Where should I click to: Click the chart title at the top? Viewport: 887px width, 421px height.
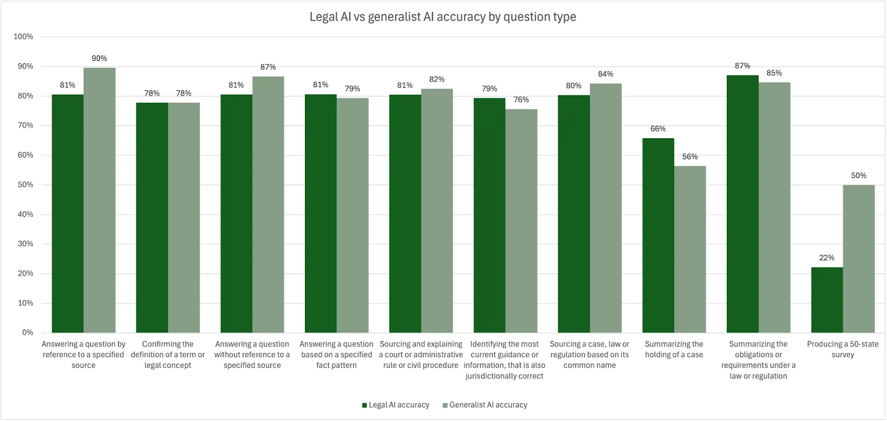click(x=442, y=17)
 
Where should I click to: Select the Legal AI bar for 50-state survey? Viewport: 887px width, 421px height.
click(x=827, y=300)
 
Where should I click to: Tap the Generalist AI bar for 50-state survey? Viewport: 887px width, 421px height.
click(x=859, y=258)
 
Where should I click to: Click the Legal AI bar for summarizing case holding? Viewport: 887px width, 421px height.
click(x=658, y=236)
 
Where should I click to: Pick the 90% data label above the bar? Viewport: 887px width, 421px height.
click(x=99, y=58)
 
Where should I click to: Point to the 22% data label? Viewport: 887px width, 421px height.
click(x=827, y=257)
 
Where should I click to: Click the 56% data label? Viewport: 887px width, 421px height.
click(x=690, y=156)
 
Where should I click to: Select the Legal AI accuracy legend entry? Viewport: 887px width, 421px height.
click(x=396, y=405)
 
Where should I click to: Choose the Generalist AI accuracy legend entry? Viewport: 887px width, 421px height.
click(x=485, y=405)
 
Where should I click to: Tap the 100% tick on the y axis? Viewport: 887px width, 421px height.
click(x=23, y=37)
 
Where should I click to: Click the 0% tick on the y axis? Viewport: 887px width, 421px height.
click(x=28, y=332)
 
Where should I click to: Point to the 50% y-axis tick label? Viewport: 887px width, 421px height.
click(x=26, y=185)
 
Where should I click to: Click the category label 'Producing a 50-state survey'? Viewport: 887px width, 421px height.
click(x=843, y=349)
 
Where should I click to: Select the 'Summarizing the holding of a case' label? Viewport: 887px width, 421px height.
click(x=674, y=349)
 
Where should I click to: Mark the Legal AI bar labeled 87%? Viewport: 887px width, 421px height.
click(x=742, y=204)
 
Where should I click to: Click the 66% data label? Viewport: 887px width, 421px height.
click(x=658, y=129)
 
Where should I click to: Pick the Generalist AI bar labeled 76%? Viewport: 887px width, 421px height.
click(x=521, y=221)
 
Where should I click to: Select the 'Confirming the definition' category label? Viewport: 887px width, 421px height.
click(x=167, y=354)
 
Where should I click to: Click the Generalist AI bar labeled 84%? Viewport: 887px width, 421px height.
click(x=605, y=208)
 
